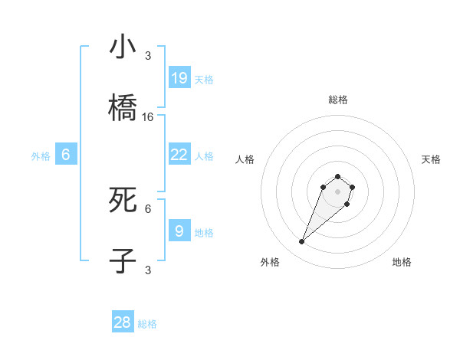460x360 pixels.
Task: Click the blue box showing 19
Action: point(179,77)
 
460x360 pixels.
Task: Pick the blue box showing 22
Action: point(179,155)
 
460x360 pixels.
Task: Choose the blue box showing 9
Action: point(179,231)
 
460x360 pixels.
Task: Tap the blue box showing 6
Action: point(66,155)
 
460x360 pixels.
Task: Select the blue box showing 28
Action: point(123,322)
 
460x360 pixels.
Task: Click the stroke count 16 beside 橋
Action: point(148,117)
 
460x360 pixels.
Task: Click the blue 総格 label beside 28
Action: point(147,324)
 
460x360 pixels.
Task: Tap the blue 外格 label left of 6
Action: point(41,156)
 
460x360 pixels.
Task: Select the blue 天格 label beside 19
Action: point(204,79)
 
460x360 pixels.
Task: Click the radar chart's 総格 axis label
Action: point(338,100)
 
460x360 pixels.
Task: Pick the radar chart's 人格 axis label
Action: point(245,159)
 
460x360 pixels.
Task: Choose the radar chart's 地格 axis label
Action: point(402,262)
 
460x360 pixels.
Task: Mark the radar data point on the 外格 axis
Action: point(302,242)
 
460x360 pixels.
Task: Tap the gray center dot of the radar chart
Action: point(338,191)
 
